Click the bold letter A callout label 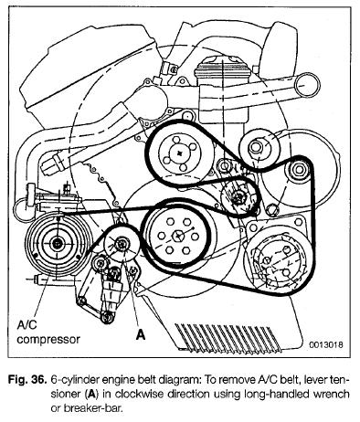pyautogui.click(x=141, y=334)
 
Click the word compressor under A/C pyautogui.click(x=48, y=339)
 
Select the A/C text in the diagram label pyautogui.click(x=26, y=325)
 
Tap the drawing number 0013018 pyautogui.click(x=326, y=344)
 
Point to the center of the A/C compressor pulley pyautogui.click(x=57, y=243)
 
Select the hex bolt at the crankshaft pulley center pyautogui.click(x=178, y=235)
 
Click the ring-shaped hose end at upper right pyautogui.click(x=307, y=84)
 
